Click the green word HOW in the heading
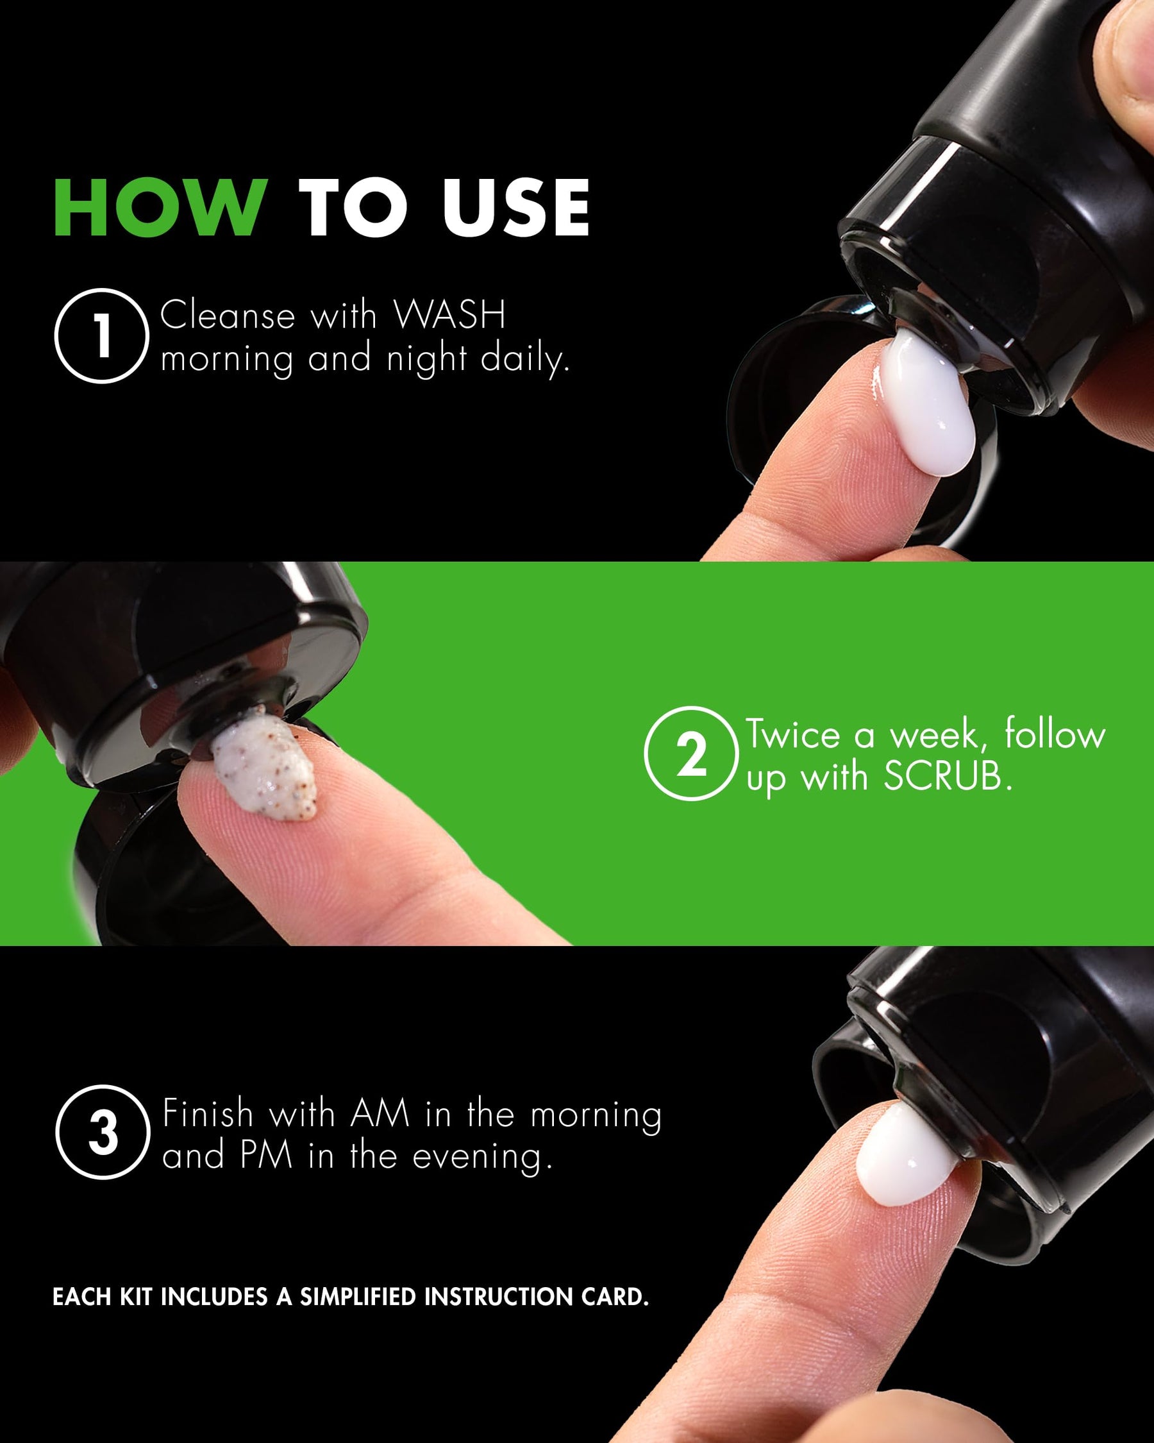tap(160, 208)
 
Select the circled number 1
tap(102, 335)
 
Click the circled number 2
tap(692, 754)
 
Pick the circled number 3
tap(103, 1132)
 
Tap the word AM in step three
tap(380, 1114)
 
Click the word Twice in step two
tap(793, 735)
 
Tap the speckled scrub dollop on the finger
tap(265, 763)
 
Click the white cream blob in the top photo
tap(926, 401)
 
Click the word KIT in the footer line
tap(137, 1296)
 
